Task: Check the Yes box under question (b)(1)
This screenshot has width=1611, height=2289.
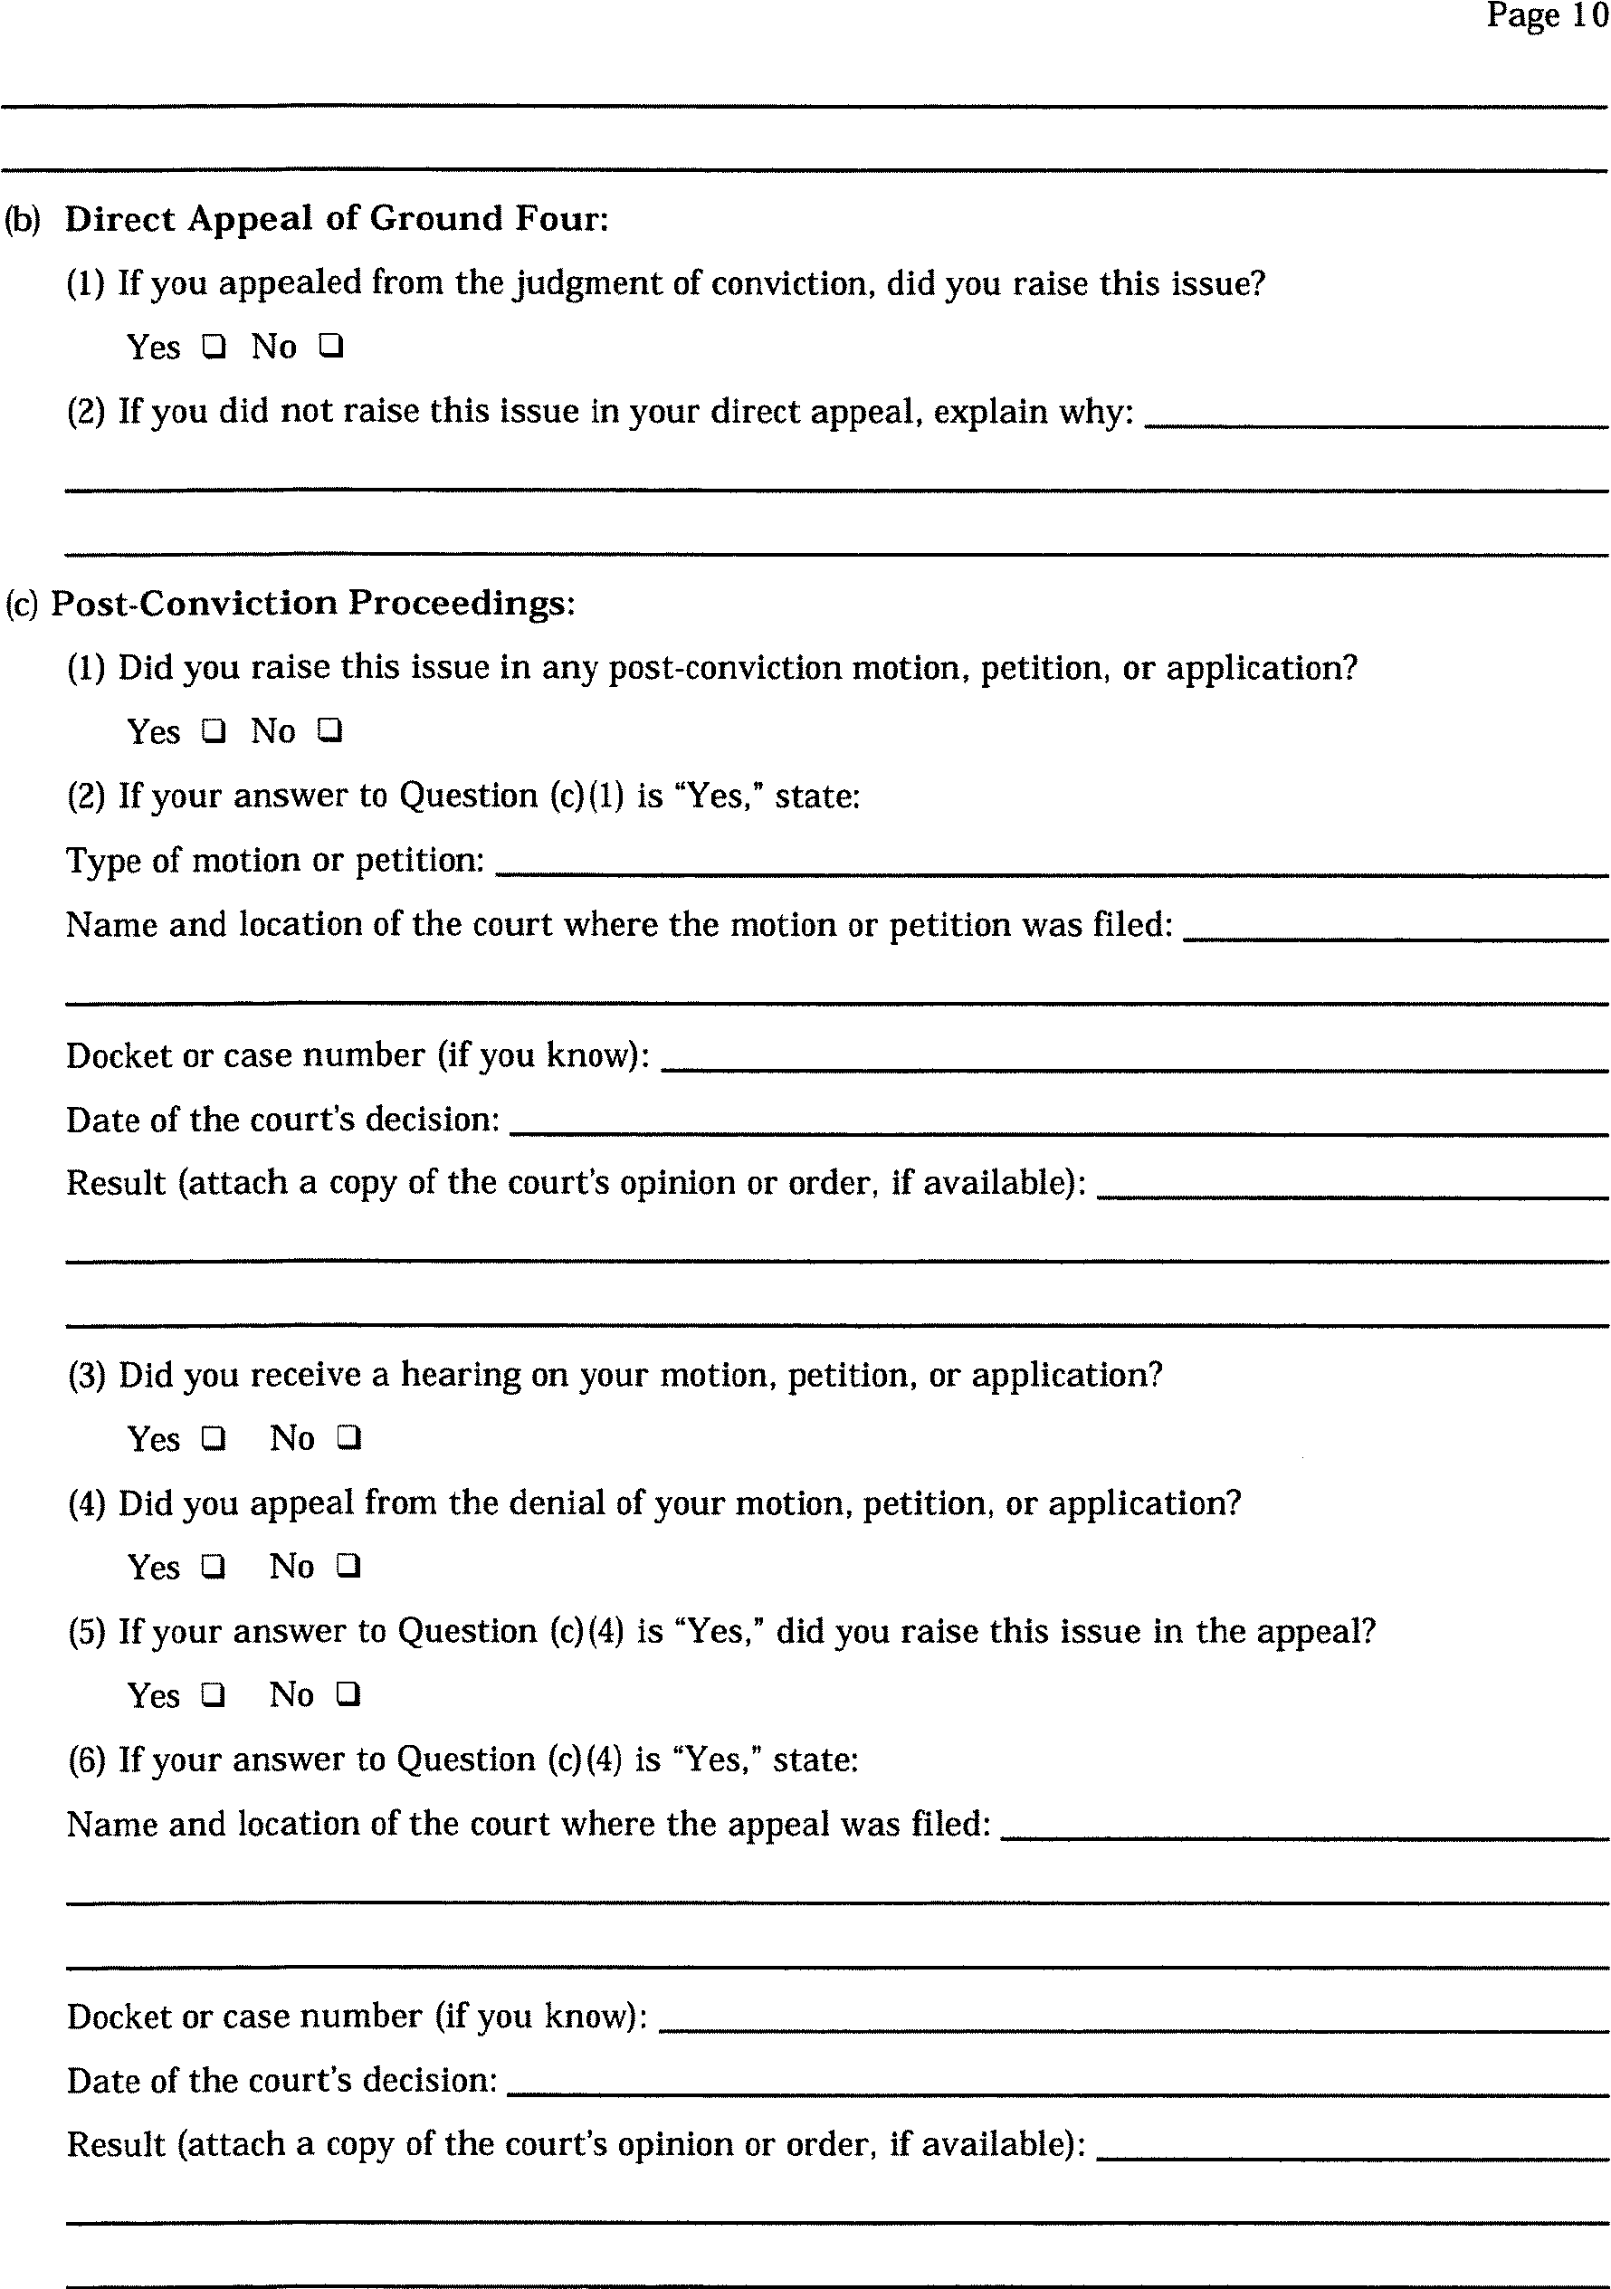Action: [213, 347]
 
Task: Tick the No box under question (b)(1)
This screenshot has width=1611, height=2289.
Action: [330, 347]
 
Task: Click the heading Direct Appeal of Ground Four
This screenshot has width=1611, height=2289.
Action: [336, 218]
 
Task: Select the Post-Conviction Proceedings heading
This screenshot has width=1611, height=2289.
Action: [312, 603]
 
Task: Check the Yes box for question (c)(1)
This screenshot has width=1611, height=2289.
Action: [213, 730]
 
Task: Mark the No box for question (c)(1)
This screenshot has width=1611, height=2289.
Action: [330, 730]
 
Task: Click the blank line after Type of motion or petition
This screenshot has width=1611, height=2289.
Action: [1051, 863]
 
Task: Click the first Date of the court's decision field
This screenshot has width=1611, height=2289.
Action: [1058, 1122]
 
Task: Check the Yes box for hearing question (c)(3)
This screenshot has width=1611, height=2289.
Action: [213, 1438]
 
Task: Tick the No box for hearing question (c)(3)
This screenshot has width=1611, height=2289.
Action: [348, 1438]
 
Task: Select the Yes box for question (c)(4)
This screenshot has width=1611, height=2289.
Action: [213, 1568]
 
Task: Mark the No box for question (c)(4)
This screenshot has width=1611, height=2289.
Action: [348, 1568]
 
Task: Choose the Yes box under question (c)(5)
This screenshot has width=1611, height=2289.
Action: [213, 1695]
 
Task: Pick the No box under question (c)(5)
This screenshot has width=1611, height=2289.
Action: [348, 1695]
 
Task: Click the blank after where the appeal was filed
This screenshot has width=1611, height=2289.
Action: [1304, 1827]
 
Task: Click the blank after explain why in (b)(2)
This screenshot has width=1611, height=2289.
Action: [1376, 415]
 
